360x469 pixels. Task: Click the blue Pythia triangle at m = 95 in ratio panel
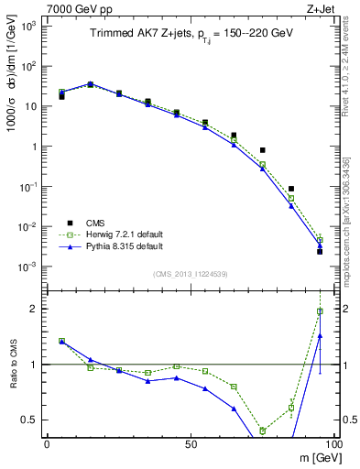(x=320, y=336)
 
